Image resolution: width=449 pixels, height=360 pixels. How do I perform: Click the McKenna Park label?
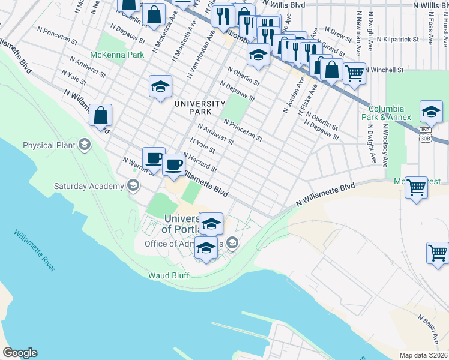tap(117, 55)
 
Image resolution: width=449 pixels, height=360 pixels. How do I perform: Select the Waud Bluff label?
tap(169, 275)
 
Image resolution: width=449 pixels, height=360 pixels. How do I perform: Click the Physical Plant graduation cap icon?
tap(85, 145)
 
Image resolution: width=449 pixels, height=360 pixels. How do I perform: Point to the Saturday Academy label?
tap(88, 185)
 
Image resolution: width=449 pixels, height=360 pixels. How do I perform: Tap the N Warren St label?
tap(137, 166)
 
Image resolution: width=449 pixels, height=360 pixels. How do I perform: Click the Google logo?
tap(19, 353)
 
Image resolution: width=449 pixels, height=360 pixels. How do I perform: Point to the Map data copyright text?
tap(424, 355)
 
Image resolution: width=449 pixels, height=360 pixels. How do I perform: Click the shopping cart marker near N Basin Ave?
tap(438, 252)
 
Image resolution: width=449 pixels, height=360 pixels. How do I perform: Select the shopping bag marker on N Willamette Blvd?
tap(101, 115)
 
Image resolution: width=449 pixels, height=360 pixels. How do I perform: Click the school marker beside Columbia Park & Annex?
tap(430, 112)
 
